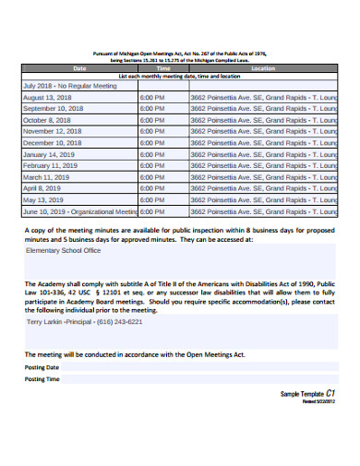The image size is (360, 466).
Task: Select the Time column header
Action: click(x=163, y=68)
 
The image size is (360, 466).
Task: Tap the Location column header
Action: click(x=263, y=68)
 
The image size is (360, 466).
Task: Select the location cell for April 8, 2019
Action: click(x=263, y=188)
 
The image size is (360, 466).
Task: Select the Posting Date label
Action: click(x=42, y=366)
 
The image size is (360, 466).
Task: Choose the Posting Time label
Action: click(x=42, y=378)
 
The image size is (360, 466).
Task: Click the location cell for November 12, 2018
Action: click(x=263, y=131)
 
